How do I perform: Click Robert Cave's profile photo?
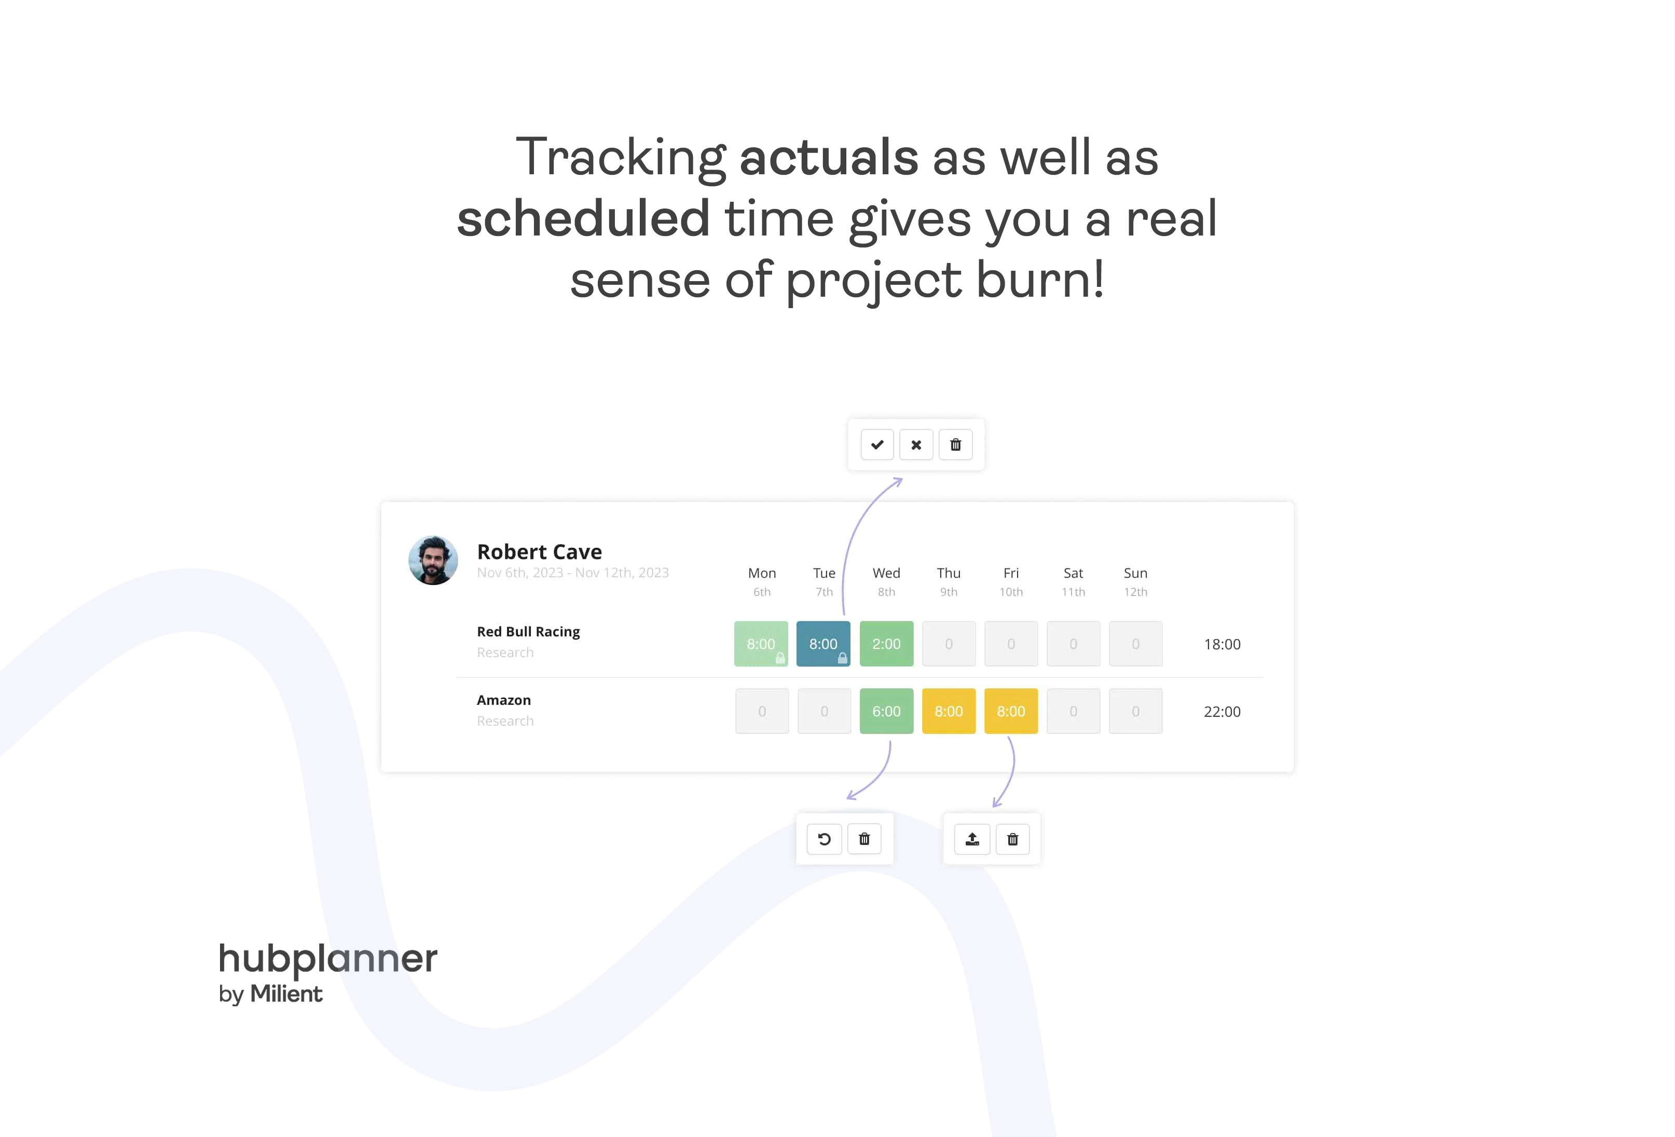pos(433,560)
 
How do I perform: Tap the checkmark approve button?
pos(877,445)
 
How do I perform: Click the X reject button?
pos(916,445)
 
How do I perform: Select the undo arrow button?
pos(825,839)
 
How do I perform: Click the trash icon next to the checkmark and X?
pos(956,445)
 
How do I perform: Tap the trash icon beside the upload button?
pos(1013,839)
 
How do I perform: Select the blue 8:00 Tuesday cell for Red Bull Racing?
pos(823,643)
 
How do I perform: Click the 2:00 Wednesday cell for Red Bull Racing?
pos(886,643)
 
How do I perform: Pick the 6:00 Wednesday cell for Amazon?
pos(886,711)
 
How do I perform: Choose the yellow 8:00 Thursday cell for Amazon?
pos(949,711)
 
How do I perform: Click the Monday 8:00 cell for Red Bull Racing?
pos(761,643)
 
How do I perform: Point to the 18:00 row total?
pos(1223,644)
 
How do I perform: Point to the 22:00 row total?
pos(1223,712)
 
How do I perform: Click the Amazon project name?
pos(504,700)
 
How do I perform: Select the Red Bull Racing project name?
pos(528,632)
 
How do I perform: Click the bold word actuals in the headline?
pos(829,157)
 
